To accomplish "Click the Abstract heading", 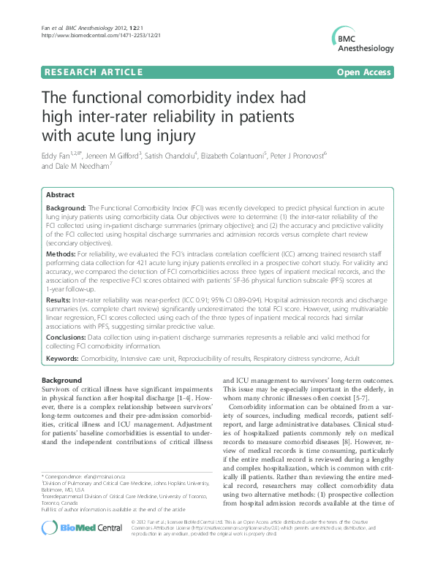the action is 60,196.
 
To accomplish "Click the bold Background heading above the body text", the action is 62,381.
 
